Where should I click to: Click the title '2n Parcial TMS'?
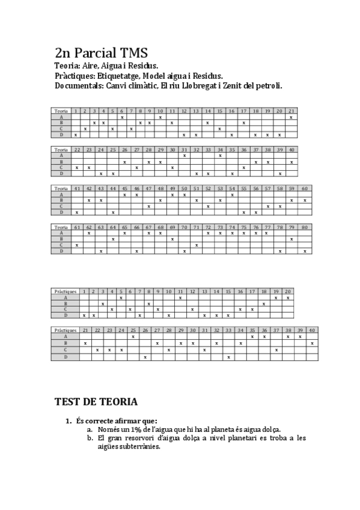point(100,53)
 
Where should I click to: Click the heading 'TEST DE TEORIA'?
point(96,401)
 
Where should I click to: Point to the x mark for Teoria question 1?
point(76,135)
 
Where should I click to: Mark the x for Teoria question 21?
point(291,117)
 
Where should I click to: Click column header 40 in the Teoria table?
point(291,149)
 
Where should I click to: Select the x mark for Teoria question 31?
point(184,155)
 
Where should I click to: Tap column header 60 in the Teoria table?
point(305,188)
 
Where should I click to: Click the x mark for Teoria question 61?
point(77,245)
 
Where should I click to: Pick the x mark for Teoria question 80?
point(305,251)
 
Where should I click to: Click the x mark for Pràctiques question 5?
point(121,297)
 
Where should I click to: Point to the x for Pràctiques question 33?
point(228,357)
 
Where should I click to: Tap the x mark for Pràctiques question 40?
point(312,343)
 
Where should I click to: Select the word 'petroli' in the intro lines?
point(267,86)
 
